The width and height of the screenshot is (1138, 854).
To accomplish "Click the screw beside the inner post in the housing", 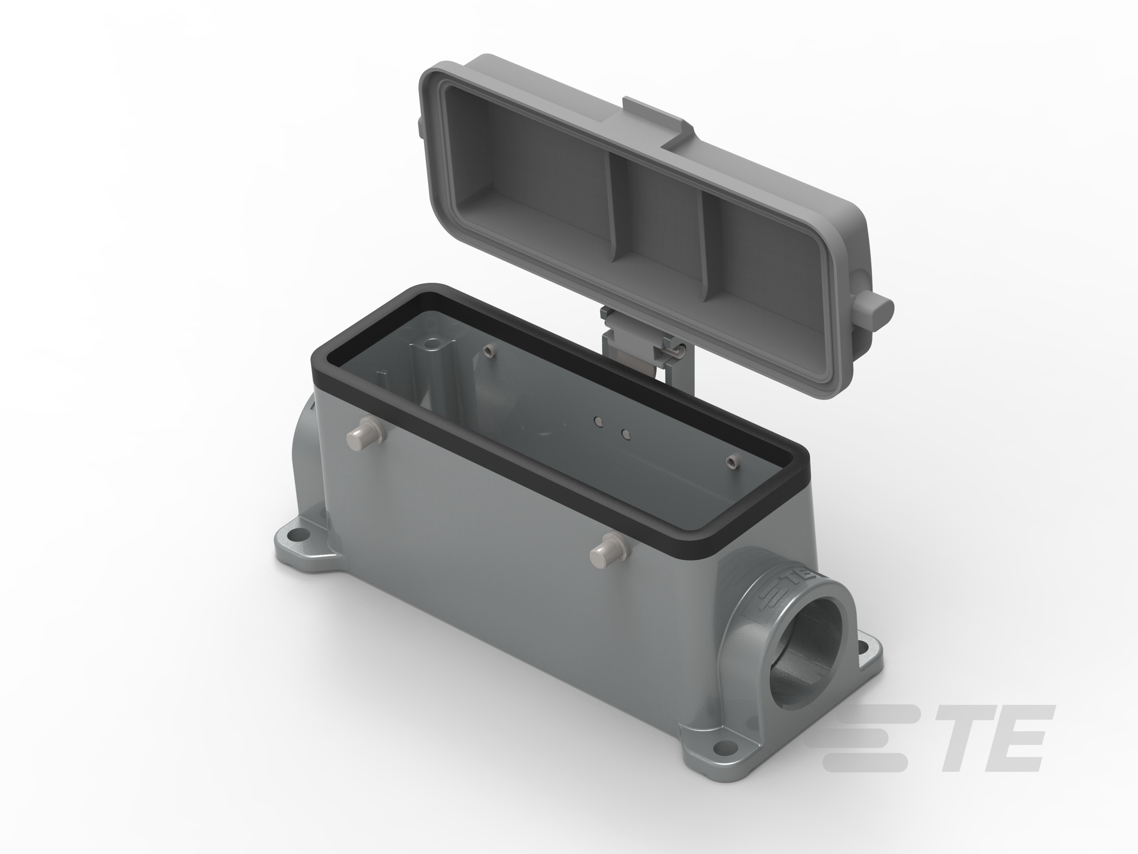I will pos(488,351).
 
